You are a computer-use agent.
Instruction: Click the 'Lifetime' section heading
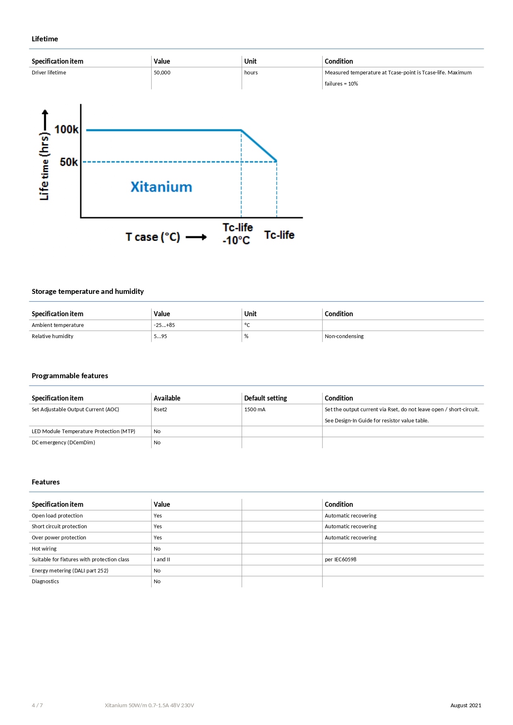click(45, 39)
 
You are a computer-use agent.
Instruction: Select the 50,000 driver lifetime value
click(162, 73)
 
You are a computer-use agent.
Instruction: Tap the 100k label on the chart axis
click(66, 130)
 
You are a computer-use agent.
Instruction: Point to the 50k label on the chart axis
click(69, 162)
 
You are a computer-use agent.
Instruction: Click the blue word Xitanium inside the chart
click(161, 187)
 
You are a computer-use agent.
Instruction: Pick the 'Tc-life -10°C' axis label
click(237, 234)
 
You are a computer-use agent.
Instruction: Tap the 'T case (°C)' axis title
click(153, 237)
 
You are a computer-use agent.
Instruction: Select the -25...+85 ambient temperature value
click(164, 325)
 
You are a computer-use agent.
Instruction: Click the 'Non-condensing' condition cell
click(344, 336)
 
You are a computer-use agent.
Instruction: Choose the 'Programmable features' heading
click(70, 376)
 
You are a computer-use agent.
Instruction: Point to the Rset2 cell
click(160, 410)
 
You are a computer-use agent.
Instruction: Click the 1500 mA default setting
click(255, 410)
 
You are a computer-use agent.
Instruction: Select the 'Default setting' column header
click(265, 398)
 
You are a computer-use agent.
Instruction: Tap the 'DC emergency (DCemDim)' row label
click(63, 443)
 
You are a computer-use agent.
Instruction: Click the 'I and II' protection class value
click(162, 560)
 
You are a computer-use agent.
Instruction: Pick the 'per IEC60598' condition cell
click(340, 560)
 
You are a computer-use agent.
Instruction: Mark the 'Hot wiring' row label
click(44, 549)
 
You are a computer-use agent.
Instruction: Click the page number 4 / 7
click(37, 706)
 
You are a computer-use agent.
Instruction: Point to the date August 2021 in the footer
click(465, 706)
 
